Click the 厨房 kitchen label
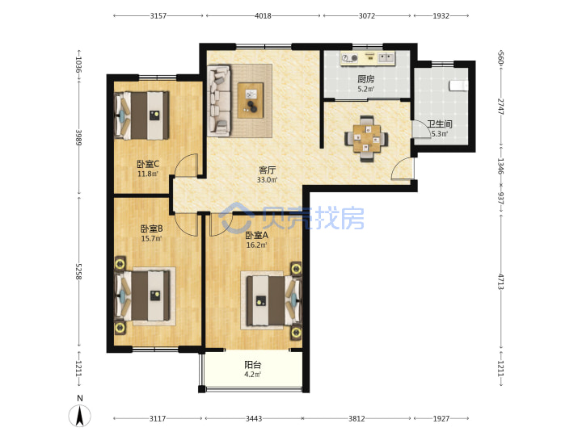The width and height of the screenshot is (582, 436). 366,79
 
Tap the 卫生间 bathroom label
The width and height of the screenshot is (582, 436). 440,124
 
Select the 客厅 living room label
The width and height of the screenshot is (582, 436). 268,170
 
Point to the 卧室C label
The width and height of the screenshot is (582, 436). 148,164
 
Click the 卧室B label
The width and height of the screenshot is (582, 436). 151,228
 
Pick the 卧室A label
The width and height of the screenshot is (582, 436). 256,235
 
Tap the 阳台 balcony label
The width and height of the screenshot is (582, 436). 252,365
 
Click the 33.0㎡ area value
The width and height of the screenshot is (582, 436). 268,180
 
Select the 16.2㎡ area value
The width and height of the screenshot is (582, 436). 256,245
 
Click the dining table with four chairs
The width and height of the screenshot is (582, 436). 366,139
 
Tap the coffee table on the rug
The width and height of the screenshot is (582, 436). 251,100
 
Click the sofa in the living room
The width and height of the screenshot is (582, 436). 219,99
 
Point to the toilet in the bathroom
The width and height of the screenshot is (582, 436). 459,86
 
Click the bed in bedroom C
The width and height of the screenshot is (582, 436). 141,115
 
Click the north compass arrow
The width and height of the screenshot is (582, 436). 79,416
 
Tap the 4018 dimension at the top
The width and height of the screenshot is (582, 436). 263,16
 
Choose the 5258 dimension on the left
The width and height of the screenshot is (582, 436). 78,272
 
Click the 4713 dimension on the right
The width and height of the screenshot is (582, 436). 500,282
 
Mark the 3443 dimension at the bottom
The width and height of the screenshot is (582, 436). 254,418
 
